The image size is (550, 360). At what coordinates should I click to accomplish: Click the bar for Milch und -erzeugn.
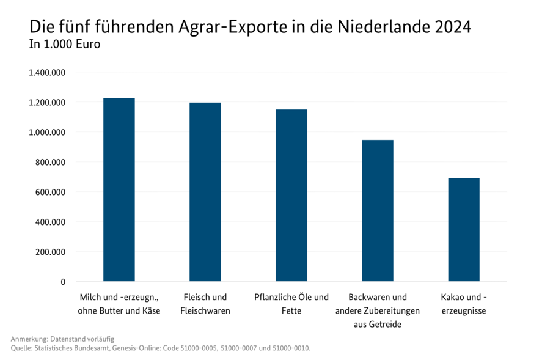(x=119, y=189)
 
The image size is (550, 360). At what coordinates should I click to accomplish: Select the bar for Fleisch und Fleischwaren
(x=205, y=192)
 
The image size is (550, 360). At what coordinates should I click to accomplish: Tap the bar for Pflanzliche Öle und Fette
(x=291, y=196)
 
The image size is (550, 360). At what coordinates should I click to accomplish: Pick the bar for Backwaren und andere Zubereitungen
(x=378, y=211)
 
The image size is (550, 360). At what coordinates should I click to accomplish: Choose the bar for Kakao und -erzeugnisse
(x=464, y=230)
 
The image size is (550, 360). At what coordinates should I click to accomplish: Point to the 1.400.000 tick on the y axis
(x=47, y=73)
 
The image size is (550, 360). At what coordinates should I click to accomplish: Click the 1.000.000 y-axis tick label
(x=47, y=132)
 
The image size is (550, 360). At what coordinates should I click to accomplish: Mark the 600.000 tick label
(x=51, y=192)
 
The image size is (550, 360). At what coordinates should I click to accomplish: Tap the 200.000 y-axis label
(x=51, y=252)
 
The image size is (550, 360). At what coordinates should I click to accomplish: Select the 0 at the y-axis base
(x=62, y=282)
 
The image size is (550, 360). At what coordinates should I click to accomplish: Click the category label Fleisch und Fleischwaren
(x=205, y=304)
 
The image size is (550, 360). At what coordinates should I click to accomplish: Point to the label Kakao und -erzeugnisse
(x=464, y=304)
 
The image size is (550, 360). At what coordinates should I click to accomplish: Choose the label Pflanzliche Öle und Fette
(x=291, y=304)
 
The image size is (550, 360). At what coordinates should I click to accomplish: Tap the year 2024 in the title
(x=453, y=28)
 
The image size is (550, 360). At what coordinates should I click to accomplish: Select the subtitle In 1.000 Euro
(x=65, y=44)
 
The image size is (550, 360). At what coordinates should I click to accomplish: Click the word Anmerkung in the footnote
(x=29, y=339)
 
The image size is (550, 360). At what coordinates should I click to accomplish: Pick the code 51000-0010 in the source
(x=290, y=348)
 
